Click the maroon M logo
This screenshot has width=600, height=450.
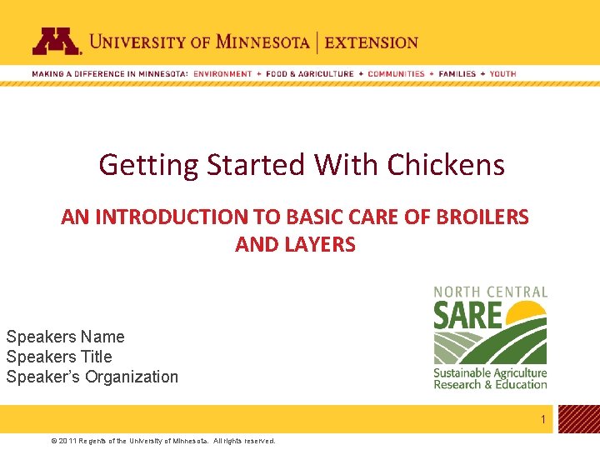57,41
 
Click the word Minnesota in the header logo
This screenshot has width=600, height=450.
262,41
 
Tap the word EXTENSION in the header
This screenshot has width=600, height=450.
372,42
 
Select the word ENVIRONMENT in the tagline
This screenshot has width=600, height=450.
222,73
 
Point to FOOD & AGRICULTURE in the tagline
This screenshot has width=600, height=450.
310,73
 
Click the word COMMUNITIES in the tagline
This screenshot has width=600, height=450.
396,73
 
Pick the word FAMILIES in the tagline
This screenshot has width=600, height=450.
457,73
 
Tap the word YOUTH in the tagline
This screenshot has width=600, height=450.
502,73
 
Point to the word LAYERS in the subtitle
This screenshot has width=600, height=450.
321,245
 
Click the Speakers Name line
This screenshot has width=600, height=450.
65,337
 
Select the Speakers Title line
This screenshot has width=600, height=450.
58,357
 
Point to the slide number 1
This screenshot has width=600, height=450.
542,419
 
